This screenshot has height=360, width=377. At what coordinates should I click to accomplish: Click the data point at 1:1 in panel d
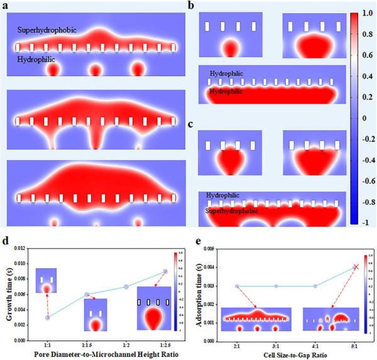48,317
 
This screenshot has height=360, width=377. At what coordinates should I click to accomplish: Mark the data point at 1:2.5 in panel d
165,271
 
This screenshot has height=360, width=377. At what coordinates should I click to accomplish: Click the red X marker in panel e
356,267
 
